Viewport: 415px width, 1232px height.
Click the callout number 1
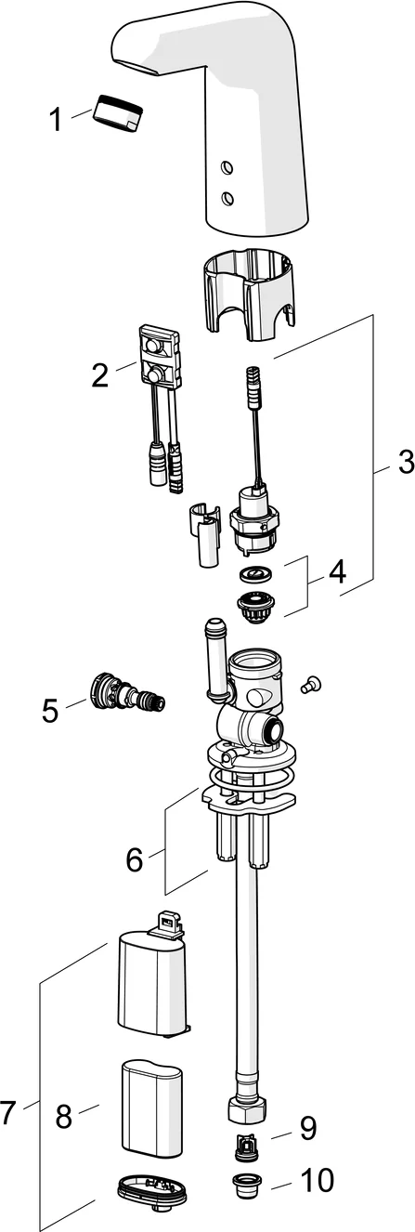tap(55, 119)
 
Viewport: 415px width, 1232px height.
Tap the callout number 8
tap(63, 1117)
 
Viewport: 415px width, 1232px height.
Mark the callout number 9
tap(307, 1129)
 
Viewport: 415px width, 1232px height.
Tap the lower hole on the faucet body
tap(226, 197)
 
